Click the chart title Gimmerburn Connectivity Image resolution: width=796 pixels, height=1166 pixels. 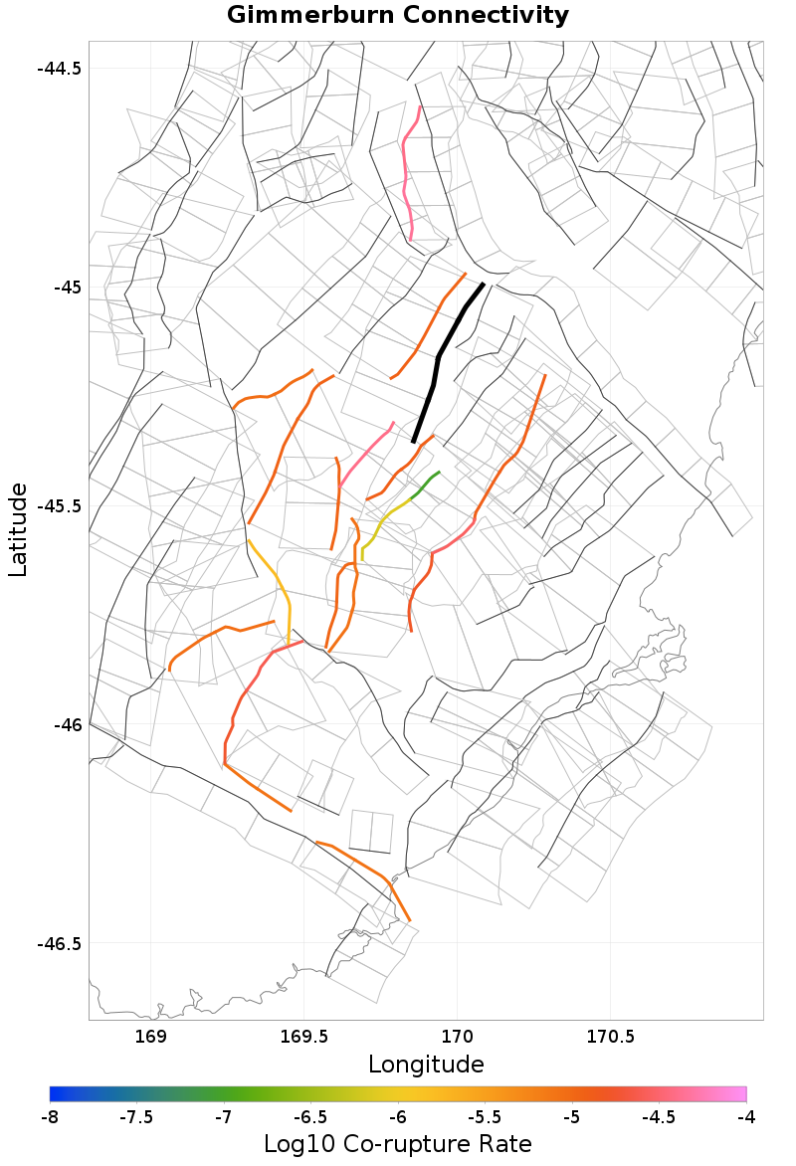click(x=398, y=16)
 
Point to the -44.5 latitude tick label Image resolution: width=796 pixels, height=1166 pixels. click(x=59, y=69)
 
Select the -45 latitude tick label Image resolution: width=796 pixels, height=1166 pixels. click(x=66, y=288)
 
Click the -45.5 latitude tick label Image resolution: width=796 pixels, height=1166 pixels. click(x=59, y=505)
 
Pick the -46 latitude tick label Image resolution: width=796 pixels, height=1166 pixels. click(x=66, y=724)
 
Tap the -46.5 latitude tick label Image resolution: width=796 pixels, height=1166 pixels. click(x=59, y=943)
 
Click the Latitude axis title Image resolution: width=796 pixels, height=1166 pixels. click(x=18, y=530)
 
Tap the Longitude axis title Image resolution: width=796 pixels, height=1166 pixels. click(x=426, y=1065)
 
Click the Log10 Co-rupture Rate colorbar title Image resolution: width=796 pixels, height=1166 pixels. click(x=398, y=1144)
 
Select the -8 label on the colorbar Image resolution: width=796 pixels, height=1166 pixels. click(x=50, y=1117)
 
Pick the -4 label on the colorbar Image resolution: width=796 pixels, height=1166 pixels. click(x=746, y=1117)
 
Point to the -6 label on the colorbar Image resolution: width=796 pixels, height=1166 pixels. click(x=398, y=1117)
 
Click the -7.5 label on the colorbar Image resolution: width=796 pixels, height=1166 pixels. click(x=136, y=1117)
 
